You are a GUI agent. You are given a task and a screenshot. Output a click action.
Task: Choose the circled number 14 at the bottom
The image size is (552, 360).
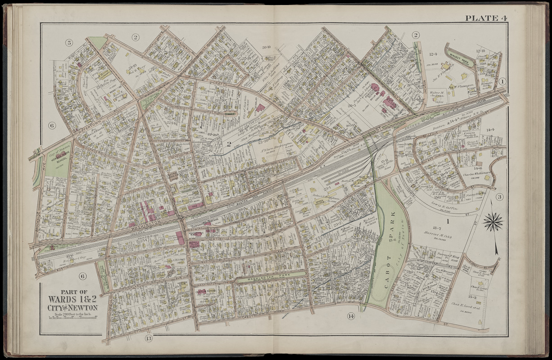pos(350,316)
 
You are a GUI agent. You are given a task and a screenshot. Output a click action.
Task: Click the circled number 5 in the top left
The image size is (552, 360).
pos(69,43)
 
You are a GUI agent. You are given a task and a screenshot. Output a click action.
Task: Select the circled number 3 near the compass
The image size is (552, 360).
pos(499,197)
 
